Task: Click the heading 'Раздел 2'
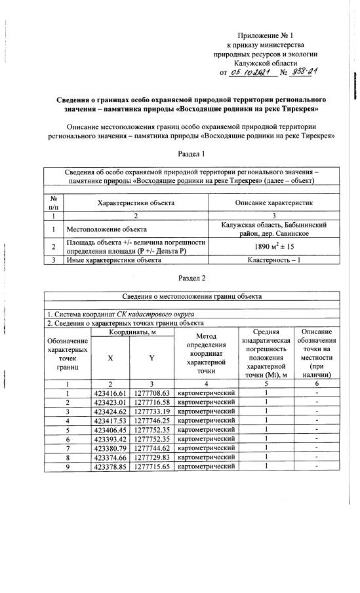[191, 278]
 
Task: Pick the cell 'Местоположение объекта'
[106, 231]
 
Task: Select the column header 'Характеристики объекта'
[136, 203]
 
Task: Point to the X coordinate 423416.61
[110, 392]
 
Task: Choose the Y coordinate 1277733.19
[151, 411]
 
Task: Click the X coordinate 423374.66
[110, 457]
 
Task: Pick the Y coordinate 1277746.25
[151, 420]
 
